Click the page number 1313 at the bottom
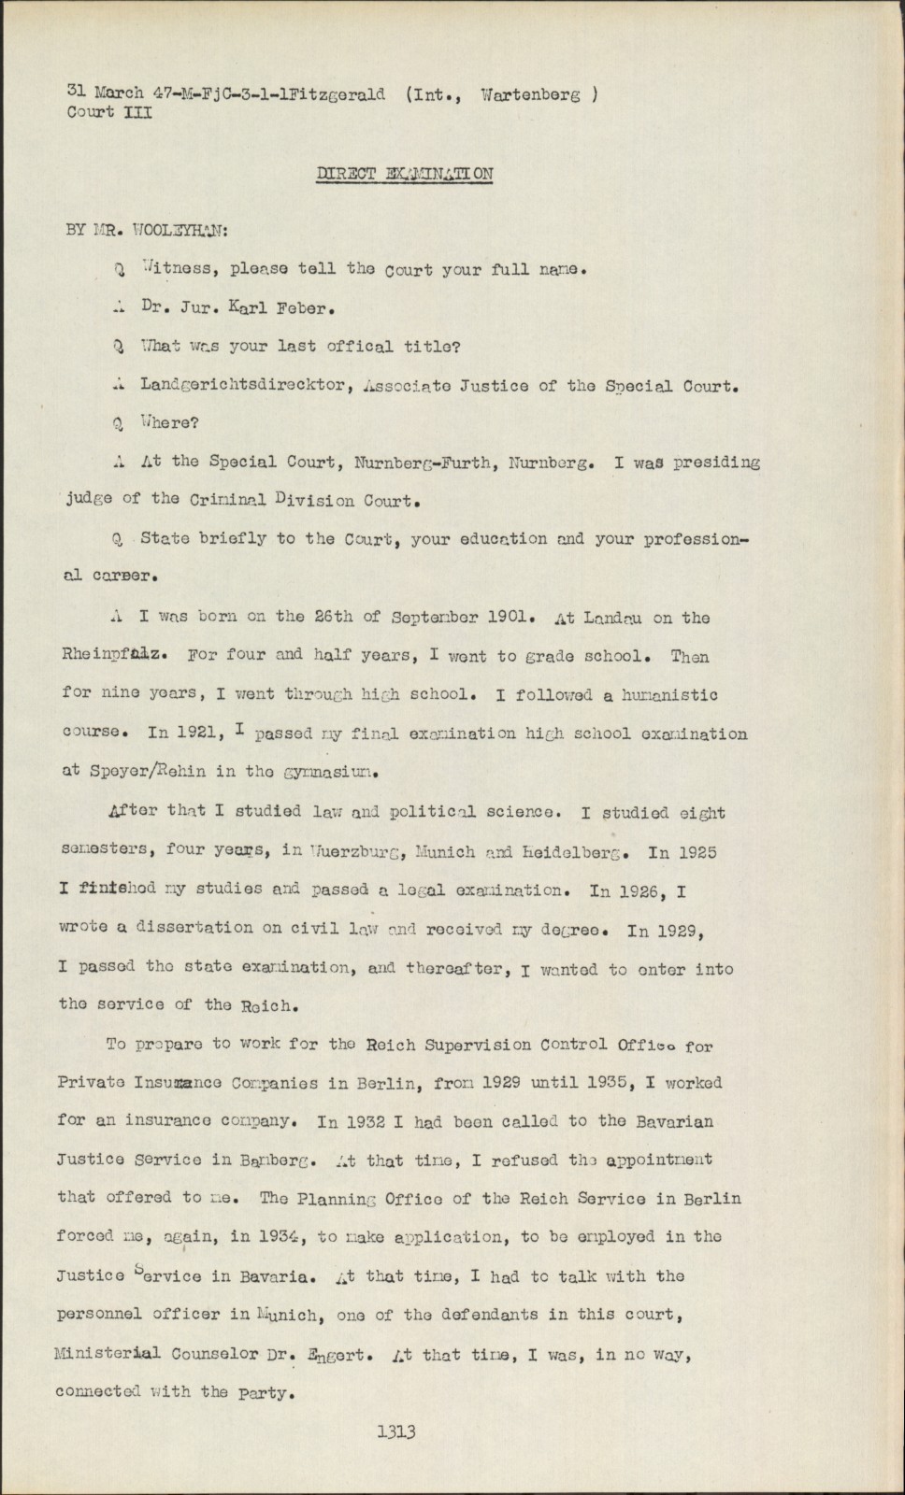point(395,1431)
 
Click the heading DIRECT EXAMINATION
point(405,174)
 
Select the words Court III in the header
point(104,112)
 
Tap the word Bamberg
point(264,1160)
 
